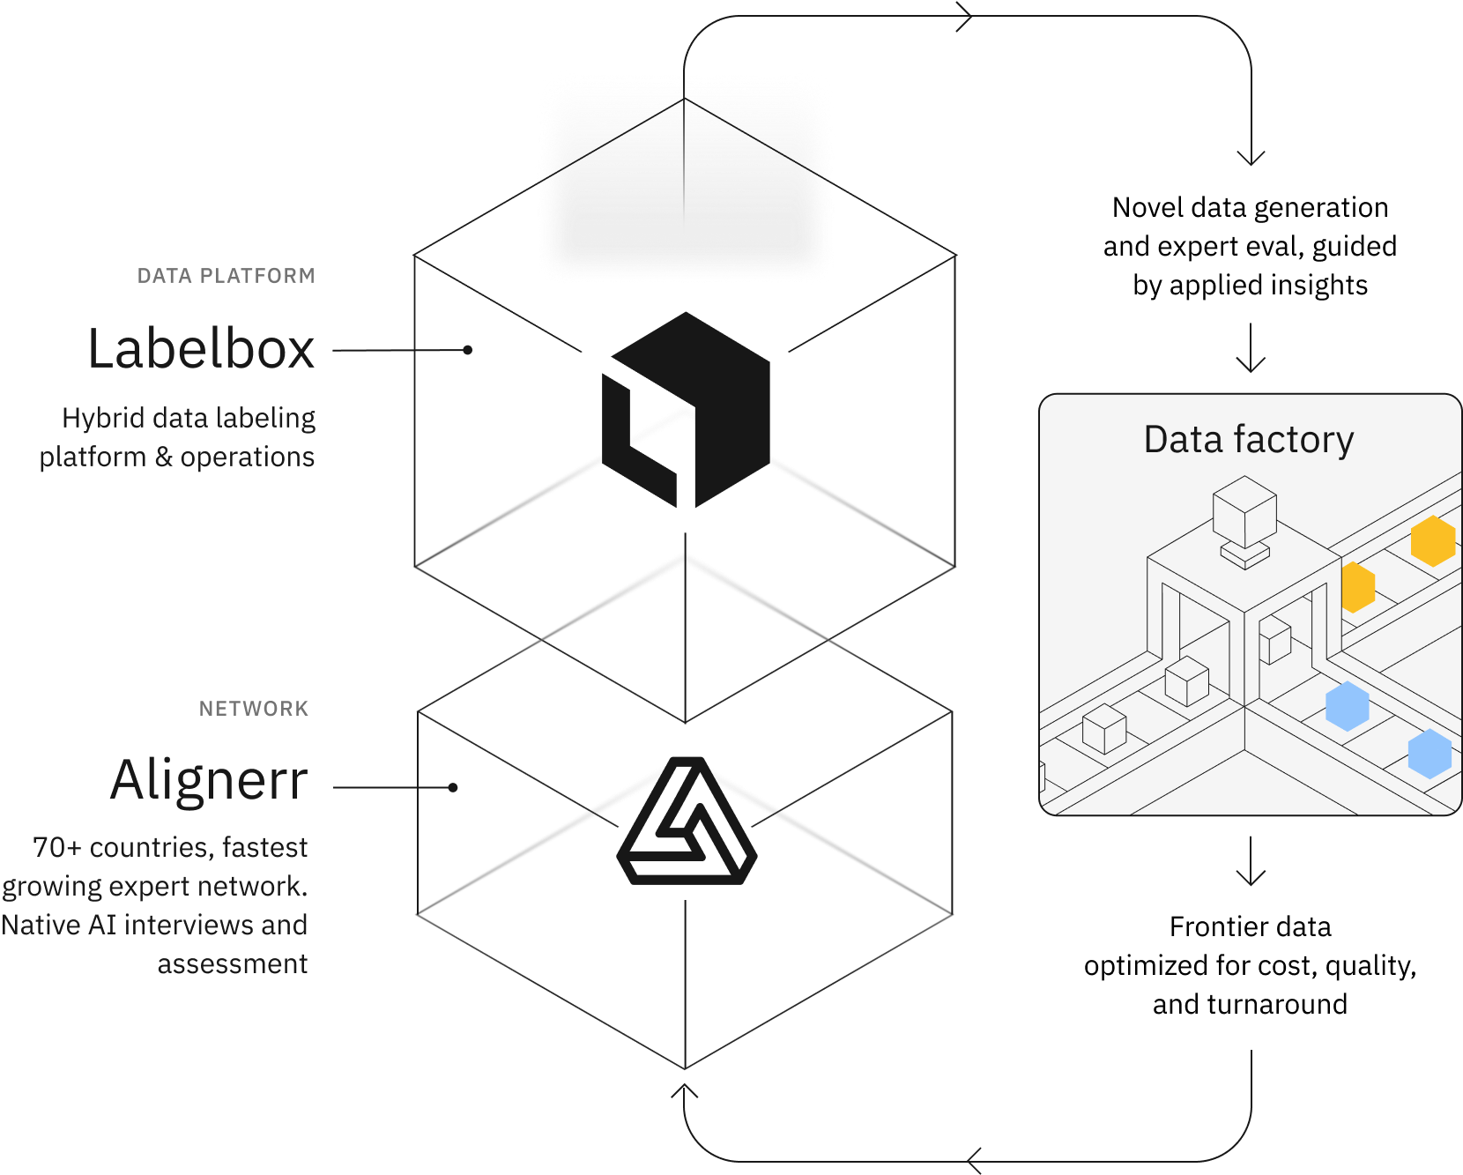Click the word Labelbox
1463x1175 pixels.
tap(201, 349)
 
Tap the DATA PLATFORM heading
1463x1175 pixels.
tap(226, 276)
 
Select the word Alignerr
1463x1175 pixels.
tap(209, 781)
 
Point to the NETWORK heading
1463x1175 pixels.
tap(254, 709)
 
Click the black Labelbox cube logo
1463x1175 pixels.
tap(686, 411)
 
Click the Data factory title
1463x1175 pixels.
tap(1248, 439)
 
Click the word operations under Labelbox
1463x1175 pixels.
tap(248, 457)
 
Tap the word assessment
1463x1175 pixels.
tap(233, 963)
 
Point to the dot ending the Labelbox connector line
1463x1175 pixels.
tap(468, 350)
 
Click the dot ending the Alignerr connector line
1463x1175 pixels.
tap(453, 787)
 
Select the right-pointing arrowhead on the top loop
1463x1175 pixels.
tap(965, 17)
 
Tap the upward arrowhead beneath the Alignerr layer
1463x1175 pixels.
tap(685, 1093)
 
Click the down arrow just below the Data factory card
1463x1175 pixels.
tap(1251, 873)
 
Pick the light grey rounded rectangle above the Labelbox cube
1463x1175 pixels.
tap(686, 176)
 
